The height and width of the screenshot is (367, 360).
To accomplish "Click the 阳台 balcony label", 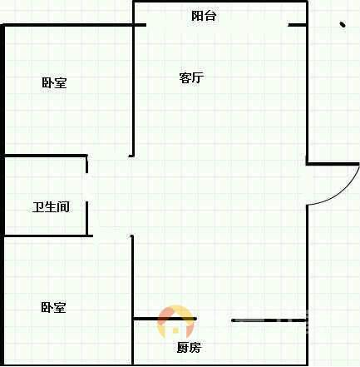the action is [x=204, y=16].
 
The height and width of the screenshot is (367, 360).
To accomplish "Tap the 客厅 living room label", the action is [x=191, y=77].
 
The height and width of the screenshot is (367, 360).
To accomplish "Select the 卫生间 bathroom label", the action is [x=51, y=207].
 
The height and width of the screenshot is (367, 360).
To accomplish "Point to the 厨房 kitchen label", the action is [x=189, y=347].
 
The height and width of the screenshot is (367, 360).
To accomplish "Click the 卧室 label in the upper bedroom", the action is [x=54, y=82].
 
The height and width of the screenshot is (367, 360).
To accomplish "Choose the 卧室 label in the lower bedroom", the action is [x=53, y=307].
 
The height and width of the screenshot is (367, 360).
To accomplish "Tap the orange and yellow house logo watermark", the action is [x=175, y=322].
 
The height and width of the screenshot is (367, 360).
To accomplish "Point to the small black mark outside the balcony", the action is [x=343, y=25].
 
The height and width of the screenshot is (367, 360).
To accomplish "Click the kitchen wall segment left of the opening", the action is [x=165, y=319].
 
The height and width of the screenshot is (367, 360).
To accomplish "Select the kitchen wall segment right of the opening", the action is [x=269, y=320].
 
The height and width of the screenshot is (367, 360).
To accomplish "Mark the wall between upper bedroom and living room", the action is [x=133, y=91].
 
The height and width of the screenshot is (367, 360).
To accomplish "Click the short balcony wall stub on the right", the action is [x=298, y=25].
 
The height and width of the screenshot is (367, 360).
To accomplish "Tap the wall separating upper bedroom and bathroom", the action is [x=46, y=156].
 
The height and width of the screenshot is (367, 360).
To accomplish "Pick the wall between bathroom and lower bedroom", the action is [x=48, y=236].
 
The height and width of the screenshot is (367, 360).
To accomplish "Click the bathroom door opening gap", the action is [x=87, y=187].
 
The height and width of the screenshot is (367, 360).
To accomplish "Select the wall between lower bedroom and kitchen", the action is [x=132, y=300].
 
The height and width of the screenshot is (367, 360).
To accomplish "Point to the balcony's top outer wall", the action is [x=220, y=2].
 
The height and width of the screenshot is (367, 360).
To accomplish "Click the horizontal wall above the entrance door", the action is [x=333, y=164].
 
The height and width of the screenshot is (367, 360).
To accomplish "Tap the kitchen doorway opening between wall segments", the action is [x=214, y=320].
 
